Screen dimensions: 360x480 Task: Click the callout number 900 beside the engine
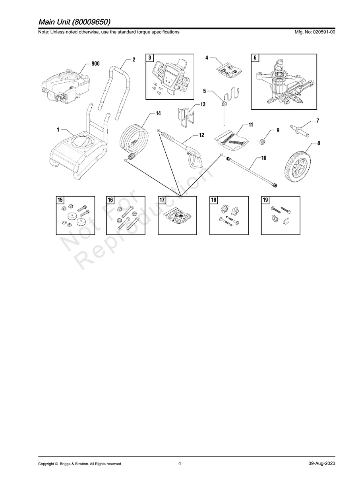point(95,64)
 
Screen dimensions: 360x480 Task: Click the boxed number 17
point(162,200)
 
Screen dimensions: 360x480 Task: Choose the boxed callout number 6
point(255,58)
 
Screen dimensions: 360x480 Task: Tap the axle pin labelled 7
point(300,131)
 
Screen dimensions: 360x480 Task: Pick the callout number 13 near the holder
point(203,105)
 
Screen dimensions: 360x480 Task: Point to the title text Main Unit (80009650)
point(74,22)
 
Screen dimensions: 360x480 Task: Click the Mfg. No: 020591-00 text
point(315,32)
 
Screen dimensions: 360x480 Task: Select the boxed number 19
point(265,200)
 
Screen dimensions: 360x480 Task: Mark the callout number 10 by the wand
point(264,158)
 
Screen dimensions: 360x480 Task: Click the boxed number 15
point(60,200)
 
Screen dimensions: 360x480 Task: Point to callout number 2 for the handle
point(134,60)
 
